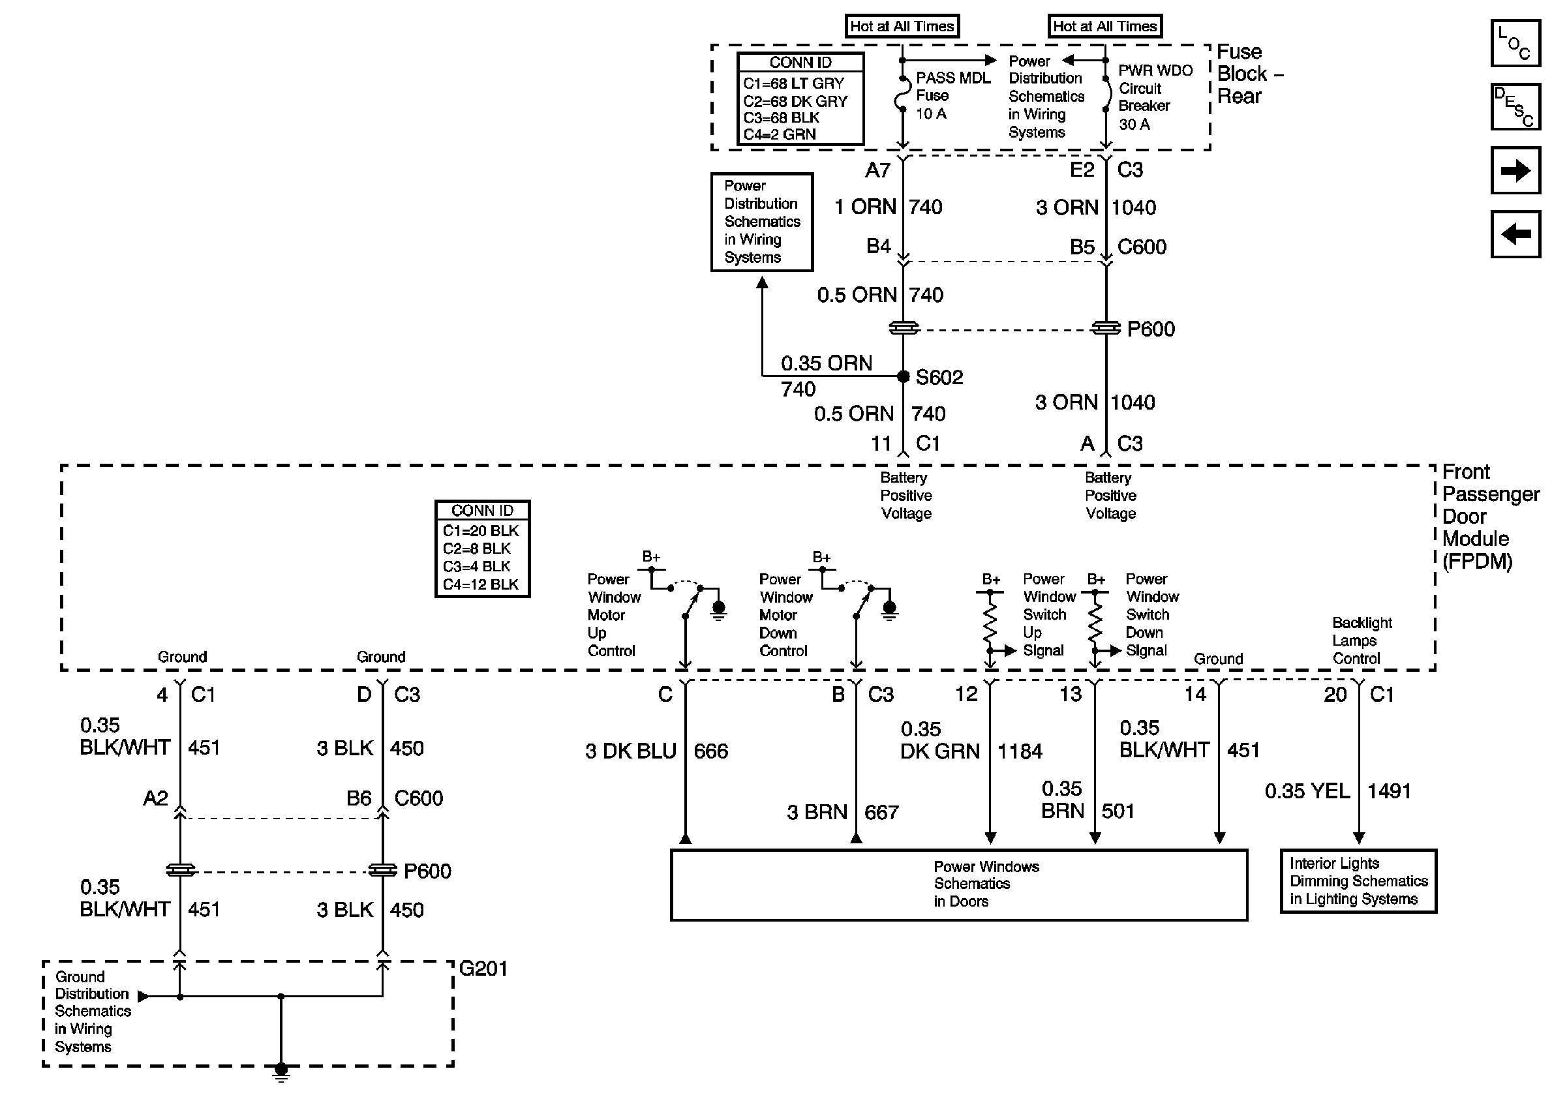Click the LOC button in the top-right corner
point(1515,43)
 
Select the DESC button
point(1515,106)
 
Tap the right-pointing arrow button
point(1515,170)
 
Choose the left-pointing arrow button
point(1515,234)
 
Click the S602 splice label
point(939,377)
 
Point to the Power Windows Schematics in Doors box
point(959,885)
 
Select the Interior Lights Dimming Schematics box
point(1358,881)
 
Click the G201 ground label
point(483,969)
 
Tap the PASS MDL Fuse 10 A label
point(952,95)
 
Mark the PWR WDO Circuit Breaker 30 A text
point(1155,97)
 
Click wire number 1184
point(1020,752)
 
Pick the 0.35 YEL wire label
point(1307,791)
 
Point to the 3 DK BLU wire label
point(631,751)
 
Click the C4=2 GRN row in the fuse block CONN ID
point(780,134)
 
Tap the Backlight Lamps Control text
point(1362,640)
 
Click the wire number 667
point(881,813)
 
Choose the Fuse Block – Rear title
point(1249,74)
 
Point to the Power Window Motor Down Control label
point(785,614)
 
